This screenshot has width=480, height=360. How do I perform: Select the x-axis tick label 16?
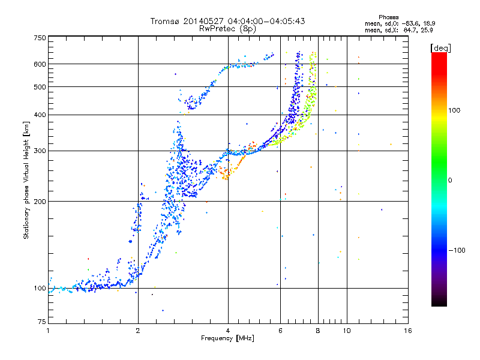pos(407,331)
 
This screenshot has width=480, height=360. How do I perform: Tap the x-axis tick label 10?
pos(346,331)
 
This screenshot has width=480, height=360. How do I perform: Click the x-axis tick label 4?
pos(228,331)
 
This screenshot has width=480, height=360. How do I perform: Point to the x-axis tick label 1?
pos(49,331)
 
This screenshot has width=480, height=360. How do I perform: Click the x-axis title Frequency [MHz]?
pos(228,339)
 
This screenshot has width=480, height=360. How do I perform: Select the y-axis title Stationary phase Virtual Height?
pos(26,179)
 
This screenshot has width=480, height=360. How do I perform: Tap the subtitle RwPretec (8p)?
pos(228,28)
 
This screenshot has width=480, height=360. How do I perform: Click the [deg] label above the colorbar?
pos(440,47)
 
